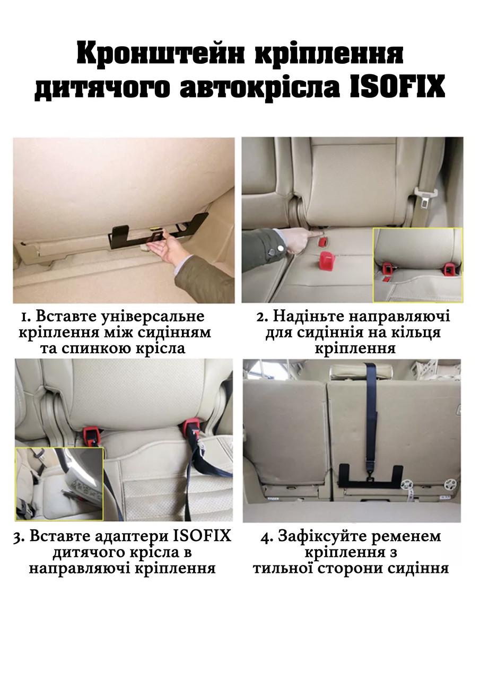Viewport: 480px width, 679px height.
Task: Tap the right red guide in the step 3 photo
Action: click(192, 426)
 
